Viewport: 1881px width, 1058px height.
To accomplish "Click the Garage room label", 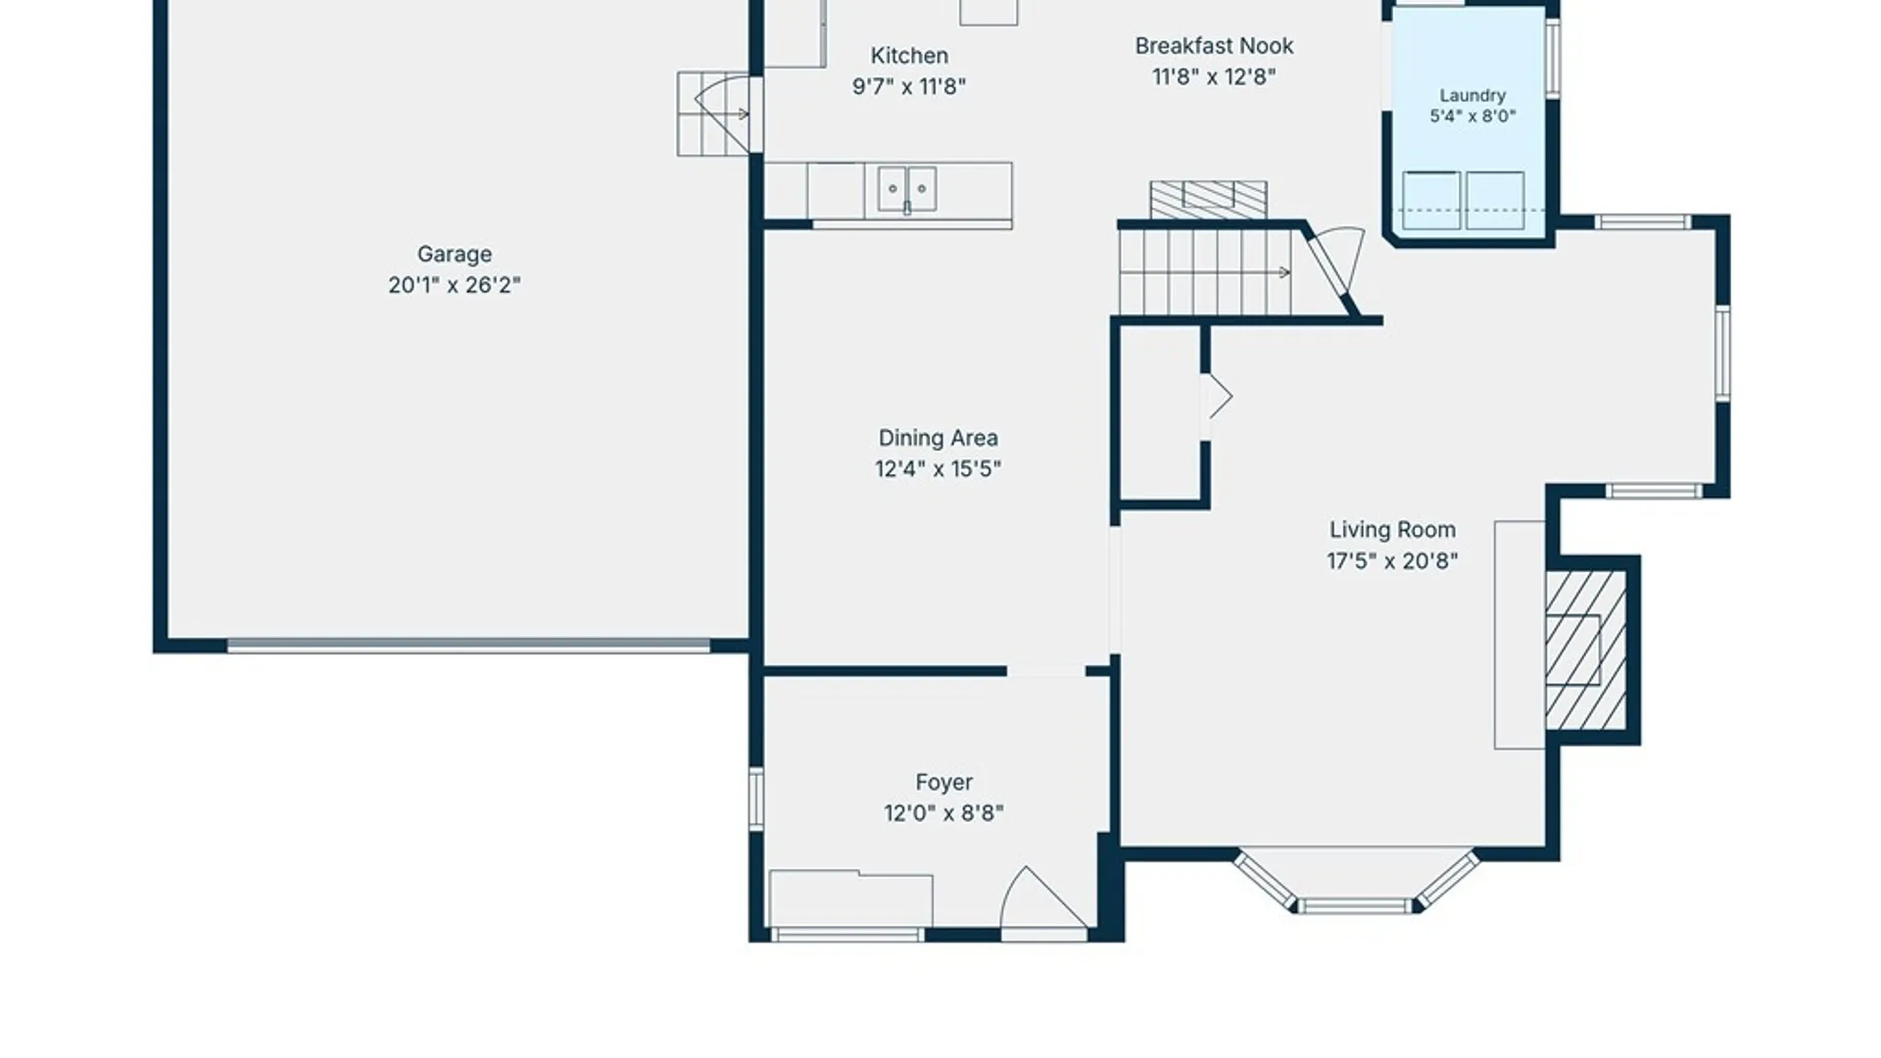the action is point(455,255).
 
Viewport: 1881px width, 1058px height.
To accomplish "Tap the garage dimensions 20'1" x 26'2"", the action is point(455,285).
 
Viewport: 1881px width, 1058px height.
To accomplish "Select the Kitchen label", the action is point(909,56).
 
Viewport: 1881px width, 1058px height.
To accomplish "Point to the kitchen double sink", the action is point(907,189).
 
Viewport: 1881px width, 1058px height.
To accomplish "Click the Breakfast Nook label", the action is point(1214,46).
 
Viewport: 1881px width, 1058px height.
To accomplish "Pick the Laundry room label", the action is point(1472,96).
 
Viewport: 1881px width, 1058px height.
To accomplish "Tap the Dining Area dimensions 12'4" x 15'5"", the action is point(938,469).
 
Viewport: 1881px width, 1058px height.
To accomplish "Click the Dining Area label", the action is point(938,438).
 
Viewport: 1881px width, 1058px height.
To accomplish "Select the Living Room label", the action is point(1392,530).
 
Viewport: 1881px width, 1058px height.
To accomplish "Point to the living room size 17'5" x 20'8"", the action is point(1392,561).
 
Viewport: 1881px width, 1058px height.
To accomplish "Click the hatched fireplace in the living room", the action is point(1586,650).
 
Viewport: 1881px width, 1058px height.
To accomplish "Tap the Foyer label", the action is point(944,783).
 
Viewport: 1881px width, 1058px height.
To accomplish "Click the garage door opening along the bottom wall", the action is point(468,647).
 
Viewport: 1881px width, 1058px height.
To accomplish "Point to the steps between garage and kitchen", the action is point(713,114).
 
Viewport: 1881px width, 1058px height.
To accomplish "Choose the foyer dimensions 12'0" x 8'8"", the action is point(943,813).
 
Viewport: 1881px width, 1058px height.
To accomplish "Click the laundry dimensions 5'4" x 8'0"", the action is point(1472,117).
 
